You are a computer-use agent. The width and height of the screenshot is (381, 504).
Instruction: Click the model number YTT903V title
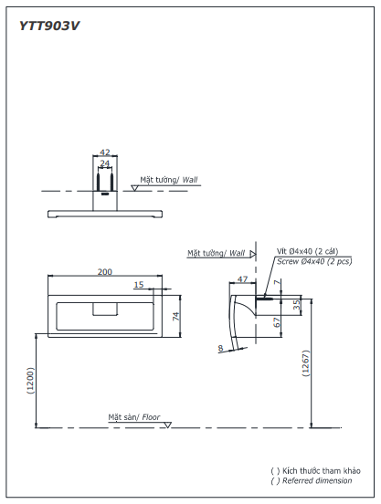[49, 26]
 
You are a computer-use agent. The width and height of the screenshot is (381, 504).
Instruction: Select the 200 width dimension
[105, 272]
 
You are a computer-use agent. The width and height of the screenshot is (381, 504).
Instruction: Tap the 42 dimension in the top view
[105, 152]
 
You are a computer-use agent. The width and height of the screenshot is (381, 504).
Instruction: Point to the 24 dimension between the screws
[105, 163]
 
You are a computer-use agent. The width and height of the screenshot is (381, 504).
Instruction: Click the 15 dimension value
[139, 285]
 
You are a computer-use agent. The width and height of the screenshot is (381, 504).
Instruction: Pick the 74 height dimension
[176, 316]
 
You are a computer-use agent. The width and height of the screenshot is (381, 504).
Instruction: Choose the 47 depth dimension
[242, 279]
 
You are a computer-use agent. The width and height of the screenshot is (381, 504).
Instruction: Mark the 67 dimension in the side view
[277, 322]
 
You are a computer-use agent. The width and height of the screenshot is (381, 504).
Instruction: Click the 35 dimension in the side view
[298, 304]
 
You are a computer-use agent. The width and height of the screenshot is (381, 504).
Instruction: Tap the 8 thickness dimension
[220, 348]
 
